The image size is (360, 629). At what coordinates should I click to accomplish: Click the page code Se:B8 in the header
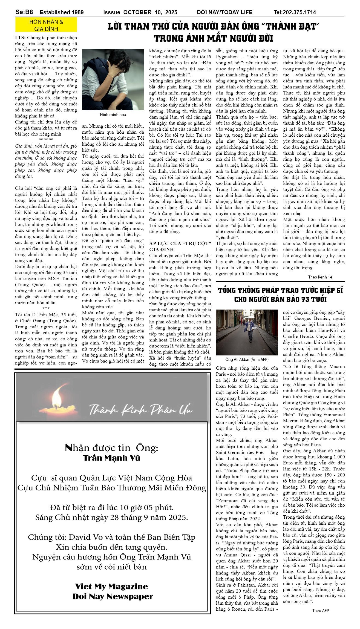pyautogui.click(x=24, y=12)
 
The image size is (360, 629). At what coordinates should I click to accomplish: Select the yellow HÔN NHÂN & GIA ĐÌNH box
pyautogui.click(x=46, y=25)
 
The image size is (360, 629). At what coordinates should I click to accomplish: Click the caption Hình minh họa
pyautogui.click(x=113, y=115)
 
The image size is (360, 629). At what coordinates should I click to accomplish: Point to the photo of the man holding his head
pyautogui.click(x=113, y=79)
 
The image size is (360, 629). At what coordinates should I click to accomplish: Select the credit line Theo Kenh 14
pyautogui.click(x=320, y=277)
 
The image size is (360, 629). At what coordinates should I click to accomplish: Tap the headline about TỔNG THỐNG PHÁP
pyautogui.click(x=280, y=295)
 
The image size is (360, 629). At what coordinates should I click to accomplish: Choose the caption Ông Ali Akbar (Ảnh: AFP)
pyautogui.click(x=247, y=360)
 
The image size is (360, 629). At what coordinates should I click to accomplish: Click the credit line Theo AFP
pyautogui.click(x=320, y=610)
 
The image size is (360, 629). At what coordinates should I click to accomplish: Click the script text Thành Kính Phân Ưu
pyautogui.click(x=140, y=410)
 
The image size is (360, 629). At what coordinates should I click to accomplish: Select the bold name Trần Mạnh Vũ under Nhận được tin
pyautogui.click(x=111, y=458)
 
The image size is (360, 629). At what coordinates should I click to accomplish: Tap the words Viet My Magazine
pyautogui.click(x=111, y=586)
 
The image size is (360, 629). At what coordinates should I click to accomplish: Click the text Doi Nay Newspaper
pyautogui.click(x=113, y=596)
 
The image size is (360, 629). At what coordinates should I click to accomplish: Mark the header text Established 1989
pyautogui.click(x=62, y=12)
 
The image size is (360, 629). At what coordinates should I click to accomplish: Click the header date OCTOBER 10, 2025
pyautogui.click(x=150, y=12)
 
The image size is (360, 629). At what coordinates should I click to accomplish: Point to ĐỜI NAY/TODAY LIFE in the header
pyautogui.click(x=224, y=12)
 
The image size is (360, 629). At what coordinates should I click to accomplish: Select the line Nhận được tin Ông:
pyautogui.click(x=111, y=448)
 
